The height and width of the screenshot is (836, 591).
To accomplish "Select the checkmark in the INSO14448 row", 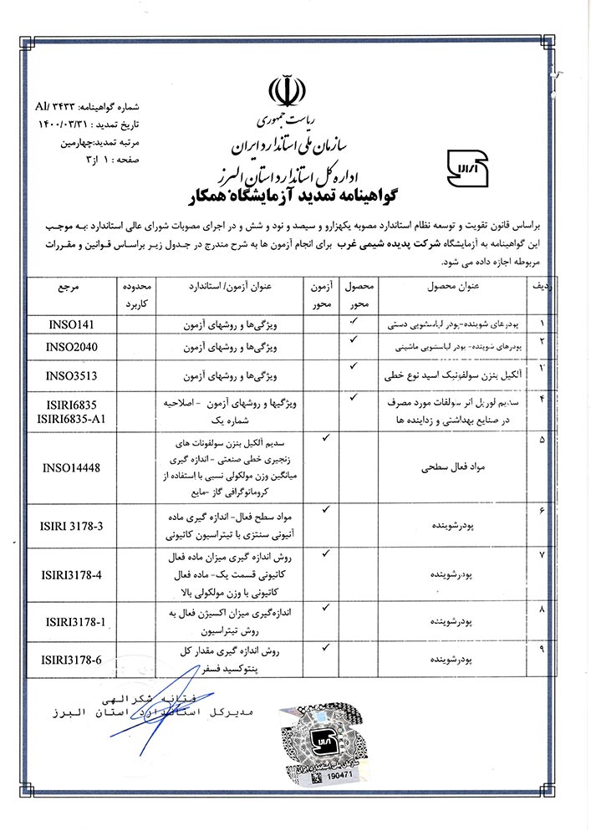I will tap(326, 436).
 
